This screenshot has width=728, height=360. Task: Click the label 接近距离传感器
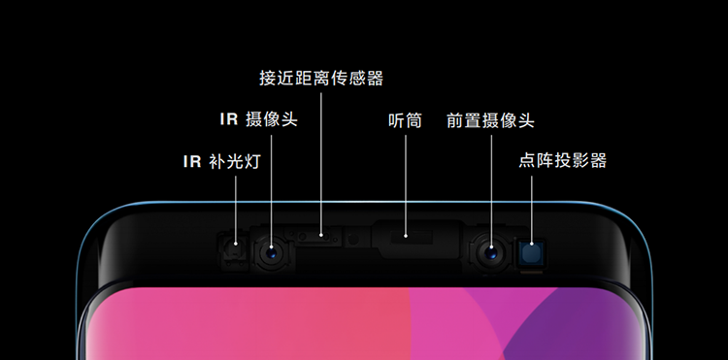pos(321,79)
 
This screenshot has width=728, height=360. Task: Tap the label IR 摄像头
pos(258,119)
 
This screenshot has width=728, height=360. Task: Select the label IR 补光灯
pos(222,161)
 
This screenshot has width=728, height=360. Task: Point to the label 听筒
pos(406,120)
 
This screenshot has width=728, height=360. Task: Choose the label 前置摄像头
pos(490,120)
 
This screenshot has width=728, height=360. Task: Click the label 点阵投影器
pos(563,160)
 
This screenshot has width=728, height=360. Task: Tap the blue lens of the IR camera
pos(271,253)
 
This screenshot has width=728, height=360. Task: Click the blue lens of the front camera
pos(491,253)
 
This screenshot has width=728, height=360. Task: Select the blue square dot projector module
pos(532,253)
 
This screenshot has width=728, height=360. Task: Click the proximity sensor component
pos(319,237)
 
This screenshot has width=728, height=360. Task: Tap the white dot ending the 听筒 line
pos(406,236)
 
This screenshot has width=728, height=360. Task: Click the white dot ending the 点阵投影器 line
pos(532,243)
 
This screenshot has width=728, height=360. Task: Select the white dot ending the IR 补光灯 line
pos(236,244)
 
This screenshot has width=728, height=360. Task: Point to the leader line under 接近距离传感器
pos(321,163)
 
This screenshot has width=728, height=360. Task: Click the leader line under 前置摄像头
pos(491,190)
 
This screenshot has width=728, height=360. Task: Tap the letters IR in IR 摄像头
pos(229,119)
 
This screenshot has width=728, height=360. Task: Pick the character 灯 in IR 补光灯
pos(252,161)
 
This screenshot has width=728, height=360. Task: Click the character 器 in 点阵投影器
pos(598,160)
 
